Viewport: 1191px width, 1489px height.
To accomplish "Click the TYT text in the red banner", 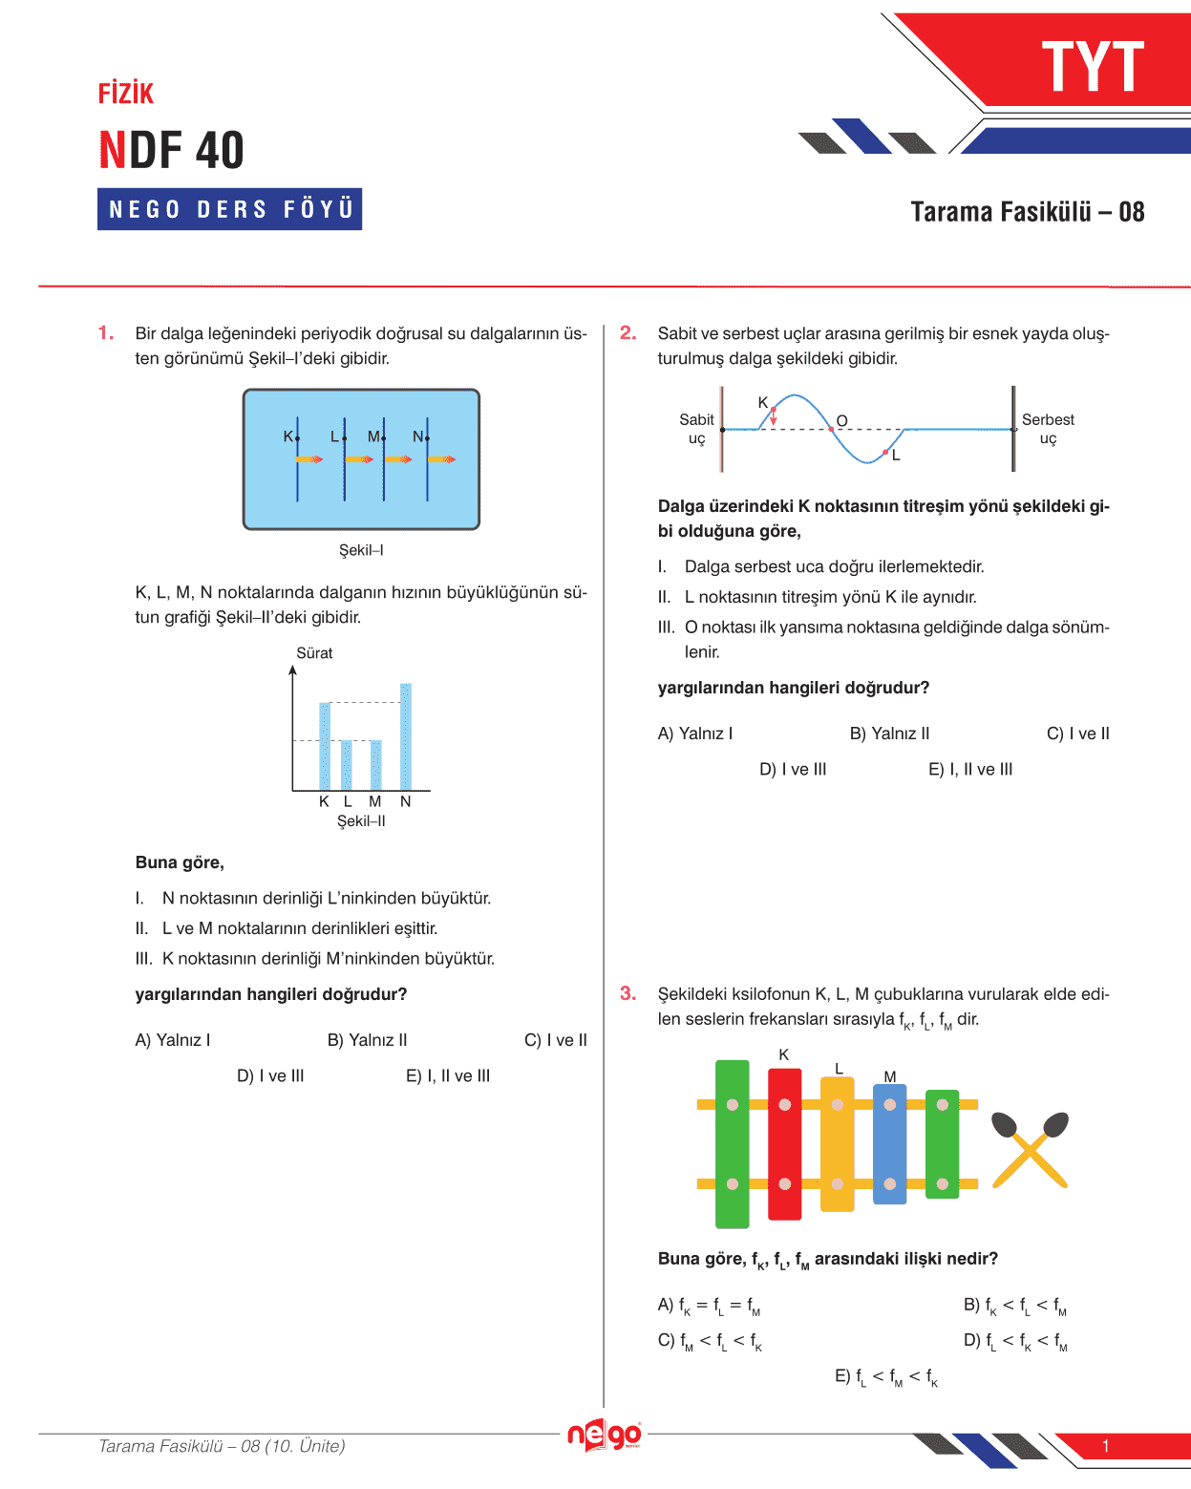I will click(x=1093, y=67).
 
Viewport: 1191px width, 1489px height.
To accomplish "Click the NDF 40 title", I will click(x=172, y=151).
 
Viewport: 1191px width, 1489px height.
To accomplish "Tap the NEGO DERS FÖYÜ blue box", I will click(x=229, y=209).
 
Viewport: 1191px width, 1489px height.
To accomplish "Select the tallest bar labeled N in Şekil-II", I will click(x=406, y=736).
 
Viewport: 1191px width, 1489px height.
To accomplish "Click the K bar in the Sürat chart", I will click(x=325, y=746).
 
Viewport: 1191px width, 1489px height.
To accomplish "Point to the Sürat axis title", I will click(x=314, y=653).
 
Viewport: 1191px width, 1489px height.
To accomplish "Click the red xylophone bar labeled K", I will click(x=784, y=1143).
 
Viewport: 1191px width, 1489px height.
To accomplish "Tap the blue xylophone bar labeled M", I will click(x=889, y=1143).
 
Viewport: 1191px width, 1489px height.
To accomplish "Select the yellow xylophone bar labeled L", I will click(x=838, y=1143).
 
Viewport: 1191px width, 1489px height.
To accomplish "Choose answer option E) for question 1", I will click(x=448, y=1075).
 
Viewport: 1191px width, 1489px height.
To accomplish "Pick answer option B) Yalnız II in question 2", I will click(x=889, y=734).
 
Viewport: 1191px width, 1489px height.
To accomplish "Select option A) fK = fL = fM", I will click(x=709, y=1306).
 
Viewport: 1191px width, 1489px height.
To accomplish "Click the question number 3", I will click(x=627, y=994).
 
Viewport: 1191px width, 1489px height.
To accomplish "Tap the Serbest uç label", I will click(x=1048, y=429).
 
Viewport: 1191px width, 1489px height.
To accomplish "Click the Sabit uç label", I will click(x=696, y=429).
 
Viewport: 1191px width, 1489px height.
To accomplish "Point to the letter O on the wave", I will click(x=841, y=421).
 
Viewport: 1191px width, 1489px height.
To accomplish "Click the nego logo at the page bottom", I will click(x=604, y=1436).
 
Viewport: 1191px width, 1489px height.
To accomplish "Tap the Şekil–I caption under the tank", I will click(x=361, y=550).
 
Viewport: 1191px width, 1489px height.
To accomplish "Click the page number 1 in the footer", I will click(x=1105, y=1446).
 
